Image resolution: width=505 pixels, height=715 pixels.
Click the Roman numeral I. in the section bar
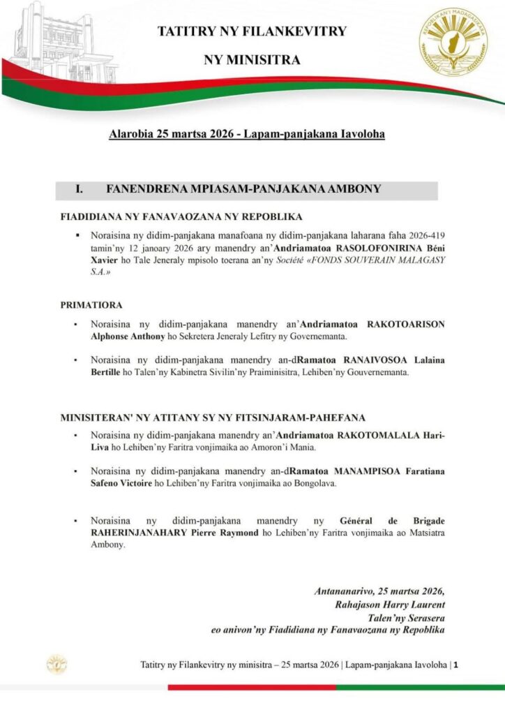[x=80, y=189]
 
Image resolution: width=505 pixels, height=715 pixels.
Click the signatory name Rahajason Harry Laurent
[x=390, y=604]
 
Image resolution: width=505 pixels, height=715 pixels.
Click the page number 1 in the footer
[x=456, y=665]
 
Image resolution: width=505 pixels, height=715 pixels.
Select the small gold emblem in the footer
[x=56, y=664]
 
